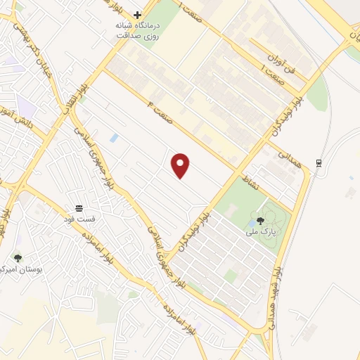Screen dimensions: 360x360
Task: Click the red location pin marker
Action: [x=181, y=165]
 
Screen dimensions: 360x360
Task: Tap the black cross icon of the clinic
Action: [x=138, y=14]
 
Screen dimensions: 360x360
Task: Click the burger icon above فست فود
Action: [x=80, y=207]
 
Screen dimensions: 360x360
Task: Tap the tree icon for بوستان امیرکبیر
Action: [x=18, y=259]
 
